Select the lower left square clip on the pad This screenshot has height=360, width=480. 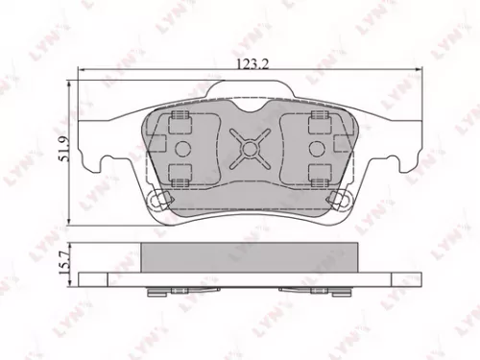pos(178,173)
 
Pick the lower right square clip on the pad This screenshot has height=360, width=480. pos(317,173)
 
